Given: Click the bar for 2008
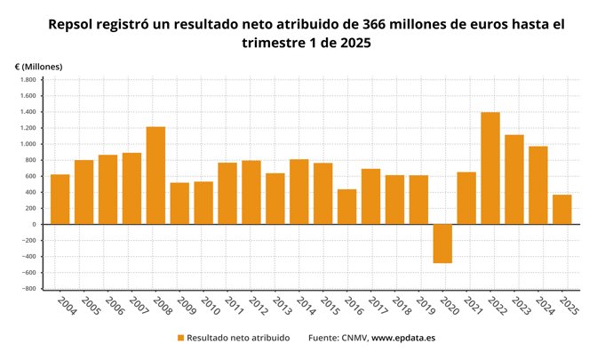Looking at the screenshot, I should click(155, 175).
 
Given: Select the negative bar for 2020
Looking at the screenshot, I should click(442, 244).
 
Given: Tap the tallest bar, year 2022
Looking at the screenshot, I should click(490, 168).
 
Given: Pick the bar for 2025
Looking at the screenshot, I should click(562, 209).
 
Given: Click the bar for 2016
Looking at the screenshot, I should click(346, 206).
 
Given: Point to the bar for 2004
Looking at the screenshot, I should click(60, 199).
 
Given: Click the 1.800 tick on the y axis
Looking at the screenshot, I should click(27, 80).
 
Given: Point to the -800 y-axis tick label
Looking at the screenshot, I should click(28, 289).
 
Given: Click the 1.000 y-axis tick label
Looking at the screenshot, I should click(27, 144).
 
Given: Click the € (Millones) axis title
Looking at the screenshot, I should click(38, 67).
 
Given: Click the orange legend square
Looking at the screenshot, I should click(181, 338).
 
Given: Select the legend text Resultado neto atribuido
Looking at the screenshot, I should click(238, 338).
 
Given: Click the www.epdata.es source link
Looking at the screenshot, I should click(402, 338).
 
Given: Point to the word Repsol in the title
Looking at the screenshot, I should click(76, 24).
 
